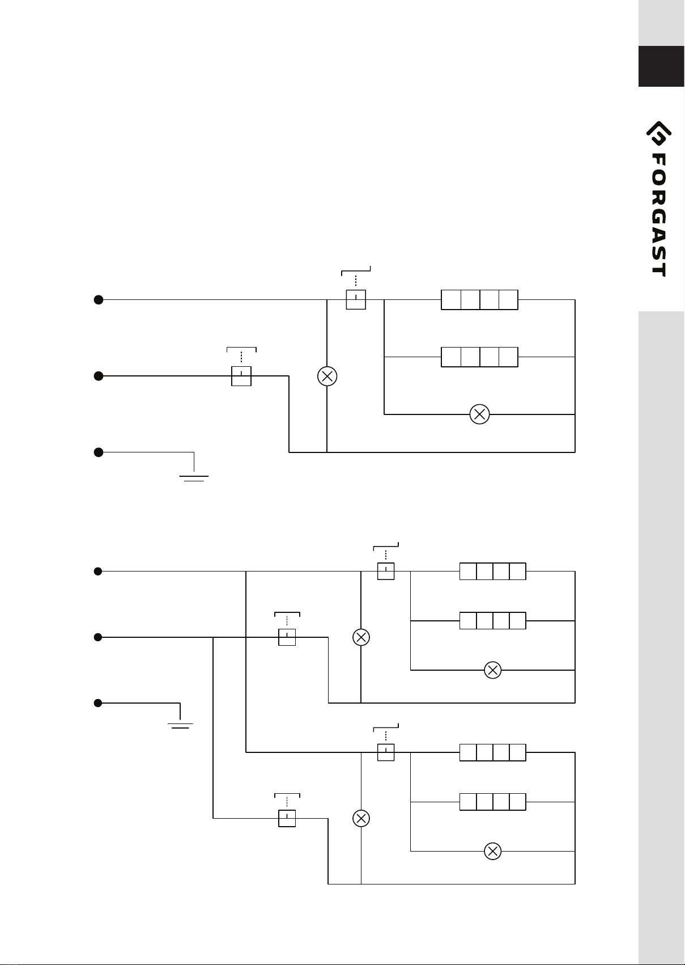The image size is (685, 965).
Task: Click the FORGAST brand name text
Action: pyautogui.click(x=659, y=214)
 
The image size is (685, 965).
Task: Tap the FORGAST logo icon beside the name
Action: pyautogui.click(x=659, y=134)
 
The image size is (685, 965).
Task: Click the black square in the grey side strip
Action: pyautogui.click(x=661, y=66)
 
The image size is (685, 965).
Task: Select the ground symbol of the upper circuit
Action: pyautogui.click(x=194, y=478)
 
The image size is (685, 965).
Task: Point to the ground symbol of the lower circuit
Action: pyautogui.click(x=180, y=726)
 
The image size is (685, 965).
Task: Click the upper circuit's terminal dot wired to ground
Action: pyautogui.click(x=99, y=452)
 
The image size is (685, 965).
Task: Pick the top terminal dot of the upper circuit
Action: pyautogui.click(x=99, y=300)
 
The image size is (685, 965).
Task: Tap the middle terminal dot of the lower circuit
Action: pyautogui.click(x=98, y=637)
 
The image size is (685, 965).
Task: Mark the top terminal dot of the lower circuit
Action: pyautogui.click(x=98, y=572)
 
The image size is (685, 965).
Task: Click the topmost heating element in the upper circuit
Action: pyautogui.click(x=480, y=300)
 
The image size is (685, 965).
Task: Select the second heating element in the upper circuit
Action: pyautogui.click(x=480, y=357)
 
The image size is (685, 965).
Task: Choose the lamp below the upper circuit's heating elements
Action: pyautogui.click(x=480, y=414)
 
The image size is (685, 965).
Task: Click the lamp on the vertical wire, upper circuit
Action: pyautogui.click(x=327, y=376)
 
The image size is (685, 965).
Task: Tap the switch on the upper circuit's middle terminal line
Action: pyautogui.click(x=241, y=376)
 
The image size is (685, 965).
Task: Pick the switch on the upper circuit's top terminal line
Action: pyautogui.click(x=356, y=299)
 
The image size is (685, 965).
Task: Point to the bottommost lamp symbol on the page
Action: pyautogui.click(x=493, y=851)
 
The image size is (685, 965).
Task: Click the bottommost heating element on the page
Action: pyautogui.click(x=493, y=802)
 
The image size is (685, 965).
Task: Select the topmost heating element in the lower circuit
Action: pyautogui.click(x=493, y=572)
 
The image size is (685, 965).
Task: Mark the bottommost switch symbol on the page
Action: pyautogui.click(x=287, y=818)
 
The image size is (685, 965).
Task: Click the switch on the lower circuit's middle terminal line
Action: pyautogui.click(x=287, y=637)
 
